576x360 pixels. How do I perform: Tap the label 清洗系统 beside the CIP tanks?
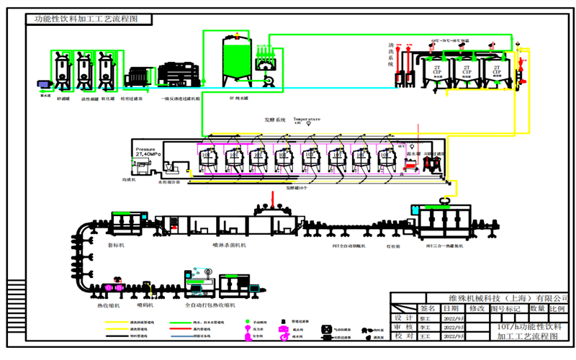point(391,55)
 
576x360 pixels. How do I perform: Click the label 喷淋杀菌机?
point(230,245)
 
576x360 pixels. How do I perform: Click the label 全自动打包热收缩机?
point(212,305)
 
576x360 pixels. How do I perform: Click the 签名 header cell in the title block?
point(428,308)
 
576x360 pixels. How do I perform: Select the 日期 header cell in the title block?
point(451,308)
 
